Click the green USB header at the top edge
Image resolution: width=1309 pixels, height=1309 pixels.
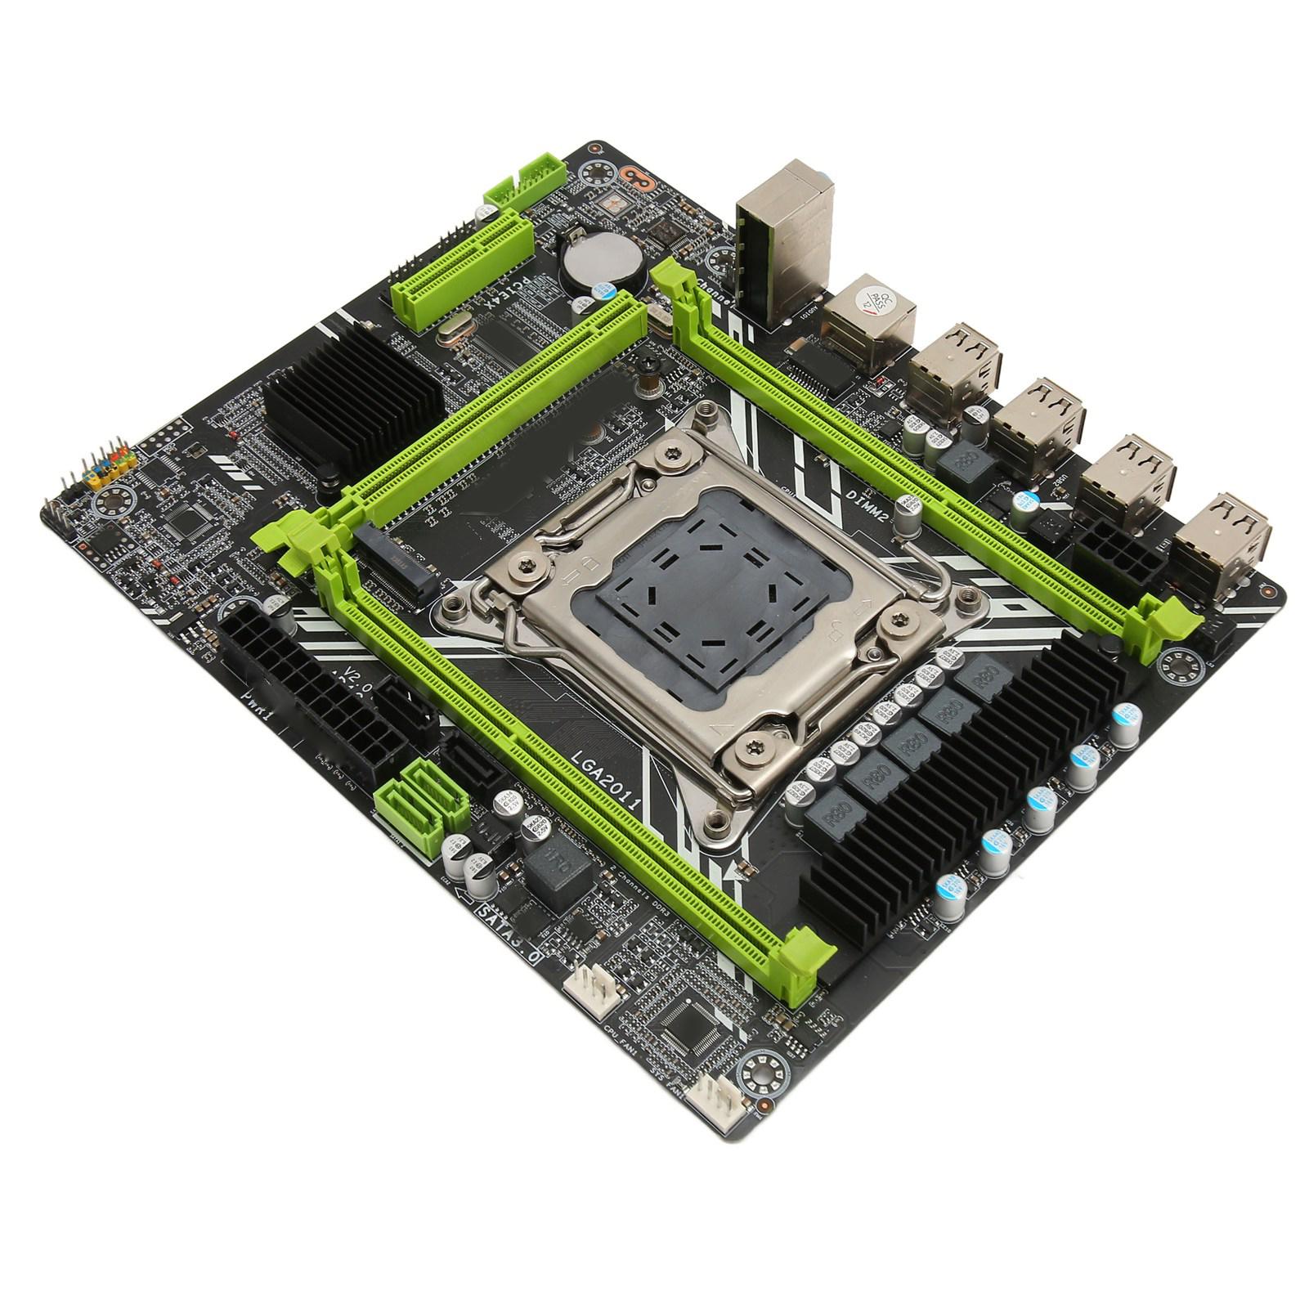point(526,185)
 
